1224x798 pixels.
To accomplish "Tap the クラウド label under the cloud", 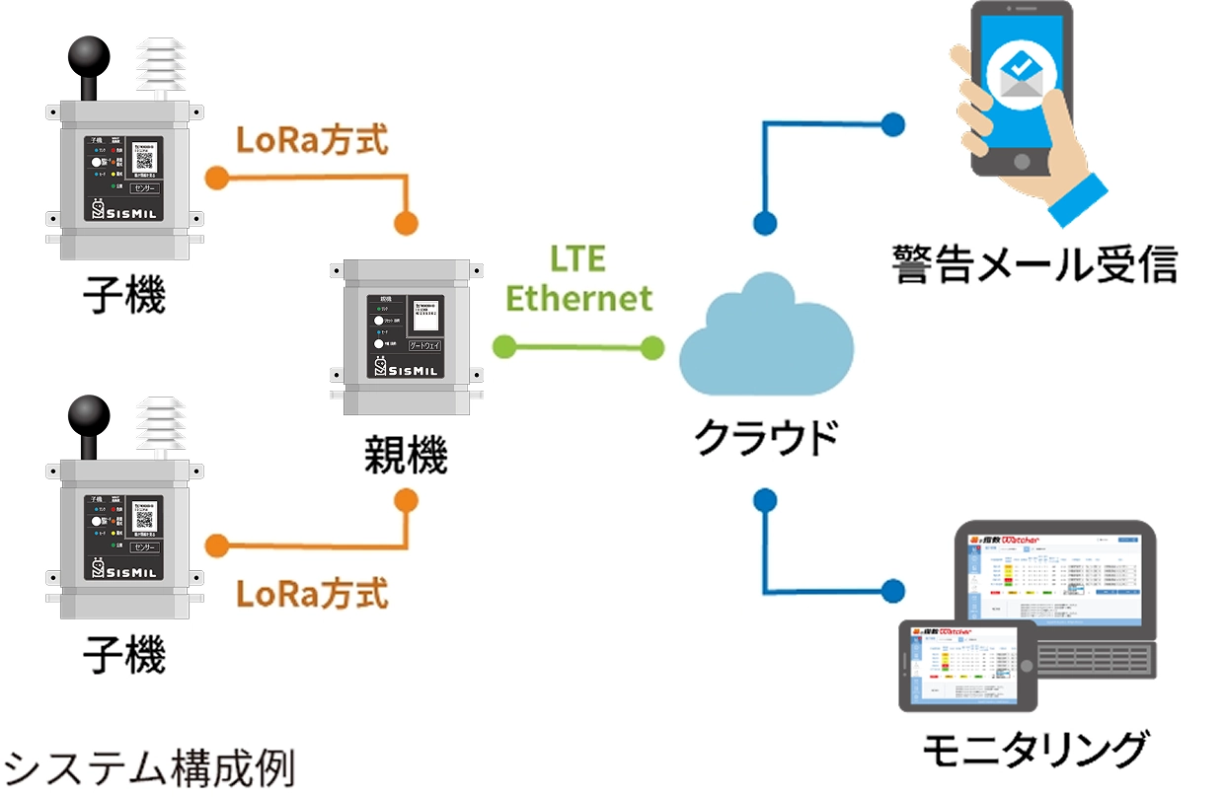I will point(766,438).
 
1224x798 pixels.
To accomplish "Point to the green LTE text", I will point(578,258).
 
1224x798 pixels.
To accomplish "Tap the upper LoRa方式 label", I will point(312,140).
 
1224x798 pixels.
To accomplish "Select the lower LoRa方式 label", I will point(312,594).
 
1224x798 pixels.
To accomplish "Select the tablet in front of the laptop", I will point(966,665).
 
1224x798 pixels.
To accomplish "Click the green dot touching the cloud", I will point(651,346).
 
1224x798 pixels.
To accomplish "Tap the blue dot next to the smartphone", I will point(892,125).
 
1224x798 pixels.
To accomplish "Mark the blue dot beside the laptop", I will point(892,592).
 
